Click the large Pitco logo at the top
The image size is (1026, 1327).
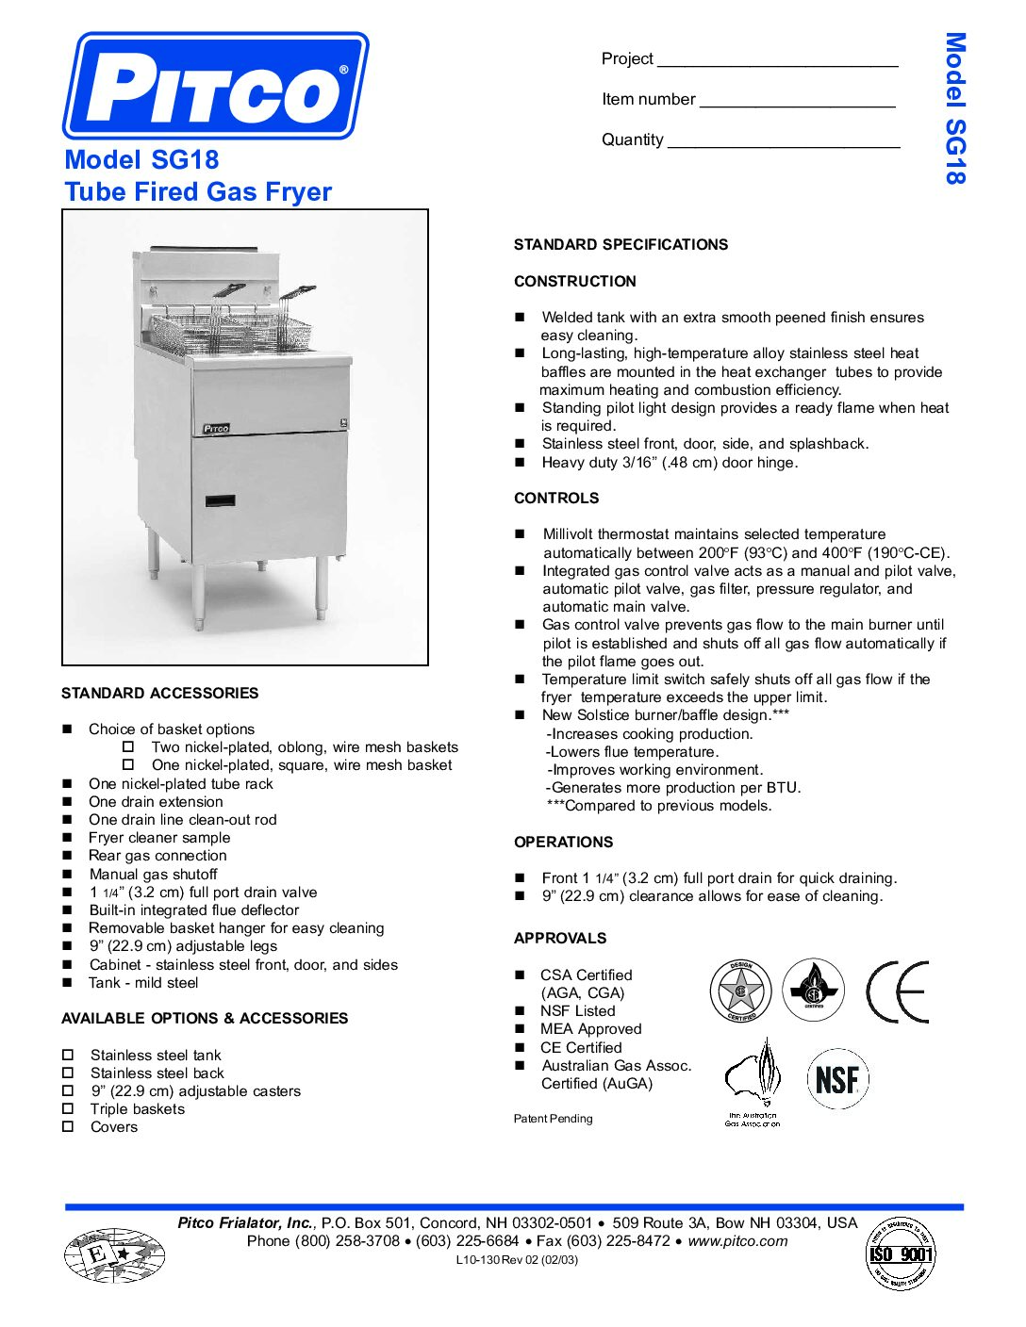tap(216, 86)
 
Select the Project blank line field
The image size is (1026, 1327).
tap(777, 60)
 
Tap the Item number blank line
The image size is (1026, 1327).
tap(797, 101)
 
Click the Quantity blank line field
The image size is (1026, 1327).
tap(783, 141)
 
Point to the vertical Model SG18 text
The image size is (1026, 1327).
tap(954, 108)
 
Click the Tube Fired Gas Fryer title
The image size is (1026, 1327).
tap(198, 192)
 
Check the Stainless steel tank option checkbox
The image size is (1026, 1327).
tap(68, 1055)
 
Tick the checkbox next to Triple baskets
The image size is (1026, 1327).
tap(68, 1108)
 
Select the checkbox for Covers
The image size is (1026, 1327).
tap(68, 1126)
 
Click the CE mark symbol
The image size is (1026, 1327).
tap(897, 991)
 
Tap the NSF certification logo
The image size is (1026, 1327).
tap(837, 1079)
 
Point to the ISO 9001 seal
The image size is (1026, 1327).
tap(901, 1253)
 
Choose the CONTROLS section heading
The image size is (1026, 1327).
tap(556, 499)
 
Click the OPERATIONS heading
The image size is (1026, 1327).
tap(563, 843)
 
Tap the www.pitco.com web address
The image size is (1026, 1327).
tap(737, 1241)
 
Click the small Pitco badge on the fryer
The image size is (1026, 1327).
tap(216, 428)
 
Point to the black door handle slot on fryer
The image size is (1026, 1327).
tap(220, 500)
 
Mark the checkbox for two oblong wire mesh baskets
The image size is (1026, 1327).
tap(129, 746)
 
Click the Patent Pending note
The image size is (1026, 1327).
tap(554, 1119)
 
